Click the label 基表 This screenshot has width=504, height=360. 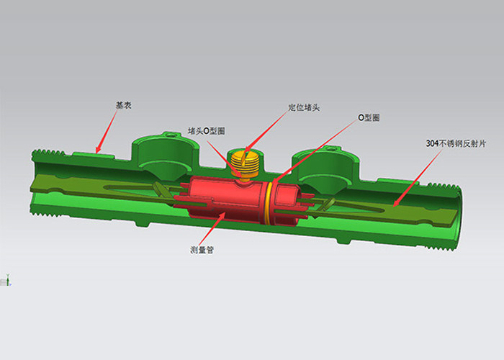point(123,105)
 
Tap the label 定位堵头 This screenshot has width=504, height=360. point(303,107)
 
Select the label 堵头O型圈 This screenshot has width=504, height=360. point(207,131)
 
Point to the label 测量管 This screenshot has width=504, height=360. point(202,250)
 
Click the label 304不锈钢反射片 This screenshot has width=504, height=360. point(456,144)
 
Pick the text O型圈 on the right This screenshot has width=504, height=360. point(369,118)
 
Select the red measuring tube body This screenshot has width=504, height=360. point(225,199)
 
